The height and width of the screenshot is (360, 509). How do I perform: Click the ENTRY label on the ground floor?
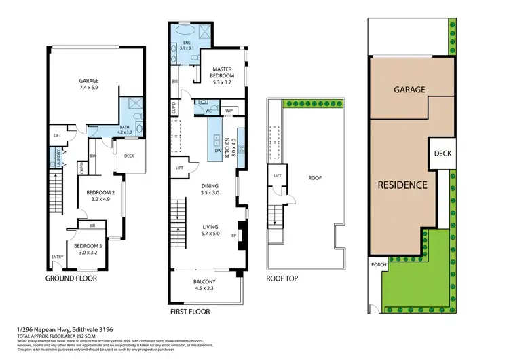[58, 257]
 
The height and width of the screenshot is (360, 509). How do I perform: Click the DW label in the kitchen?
[217, 152]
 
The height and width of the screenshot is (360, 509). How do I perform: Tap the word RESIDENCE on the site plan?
[402, 184]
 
